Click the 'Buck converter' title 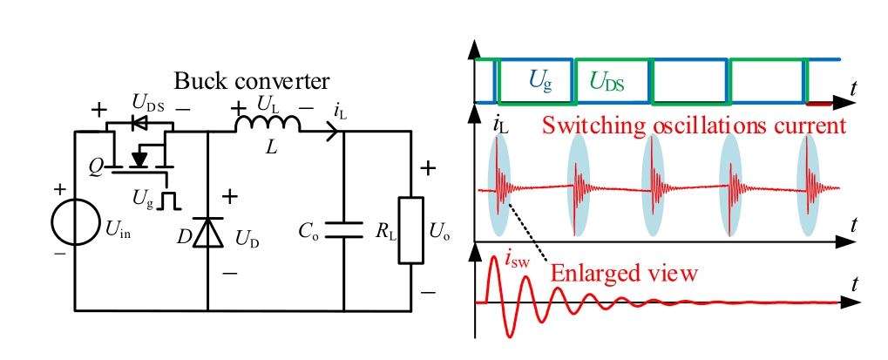252,82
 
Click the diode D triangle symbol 207,231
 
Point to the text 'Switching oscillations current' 694,125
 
